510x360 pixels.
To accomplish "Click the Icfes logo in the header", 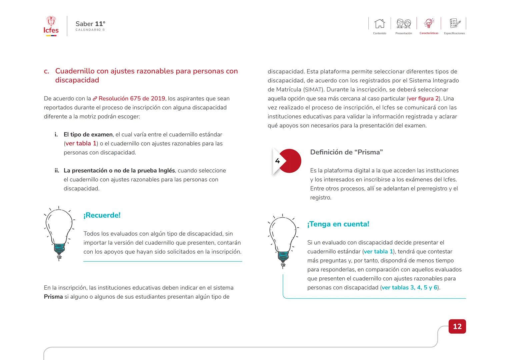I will (x=51, y=26).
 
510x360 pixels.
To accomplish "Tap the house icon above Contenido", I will (x=379, y=24).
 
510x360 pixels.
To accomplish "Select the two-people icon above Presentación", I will (x=403, y=24).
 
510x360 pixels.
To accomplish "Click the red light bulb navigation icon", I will (x=429, y=23).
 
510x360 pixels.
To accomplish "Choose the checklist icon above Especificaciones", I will (x=454, y=23).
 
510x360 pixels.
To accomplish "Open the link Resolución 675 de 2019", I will (x=132, y=99).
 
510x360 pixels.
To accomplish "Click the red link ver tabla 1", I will (x=81, y=144).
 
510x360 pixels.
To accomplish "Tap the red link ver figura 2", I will (x=423, y=99).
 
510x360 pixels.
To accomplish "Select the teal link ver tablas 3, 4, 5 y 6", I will (x=410, y=288).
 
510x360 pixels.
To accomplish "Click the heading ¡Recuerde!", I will (x=102, y=215).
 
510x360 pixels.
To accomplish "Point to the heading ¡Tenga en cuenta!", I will (x=338, y=224).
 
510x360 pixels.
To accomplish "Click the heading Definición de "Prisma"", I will (x=346, y=152).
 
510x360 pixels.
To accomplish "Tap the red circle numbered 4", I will (x=289, y=161).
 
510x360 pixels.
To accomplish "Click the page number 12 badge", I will (x=457, y=326).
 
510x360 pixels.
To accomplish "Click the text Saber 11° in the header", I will (x=90, y=24).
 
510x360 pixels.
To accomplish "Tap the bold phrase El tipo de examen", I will (x=88, y=135).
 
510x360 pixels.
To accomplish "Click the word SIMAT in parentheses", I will (x=313, y=90).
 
